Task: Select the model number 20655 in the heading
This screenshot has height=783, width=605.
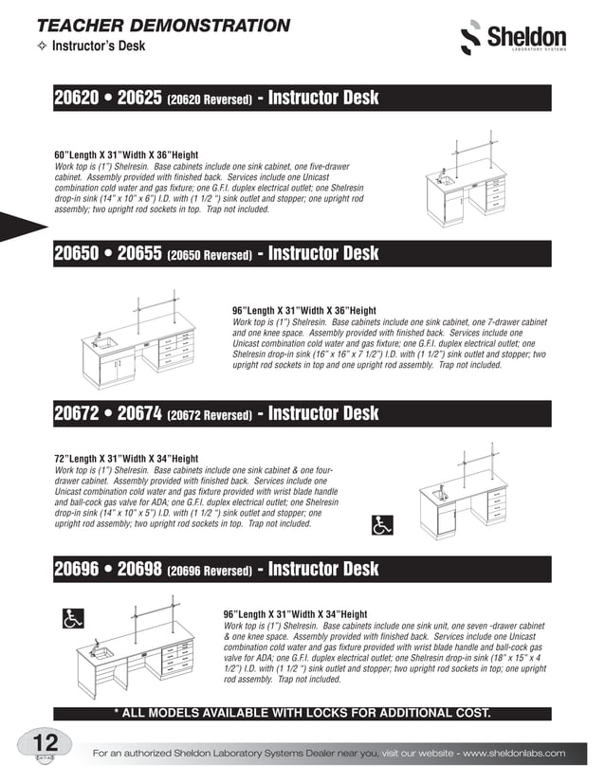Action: click(x=138, y=253)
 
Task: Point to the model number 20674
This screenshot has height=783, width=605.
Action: click(x=138, y=413)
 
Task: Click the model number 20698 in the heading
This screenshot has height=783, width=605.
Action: click(x=138, y=569)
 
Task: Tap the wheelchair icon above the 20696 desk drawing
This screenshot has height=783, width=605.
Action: click(x=72, y=618)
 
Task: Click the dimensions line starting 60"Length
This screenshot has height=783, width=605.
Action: click(x=126, y=155)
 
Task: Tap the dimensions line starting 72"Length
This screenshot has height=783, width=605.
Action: click(x=126, y=459)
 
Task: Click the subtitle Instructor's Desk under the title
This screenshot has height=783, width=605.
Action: click(x=98, y=46)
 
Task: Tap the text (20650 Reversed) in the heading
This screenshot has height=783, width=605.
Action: click(x=210, y=256)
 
